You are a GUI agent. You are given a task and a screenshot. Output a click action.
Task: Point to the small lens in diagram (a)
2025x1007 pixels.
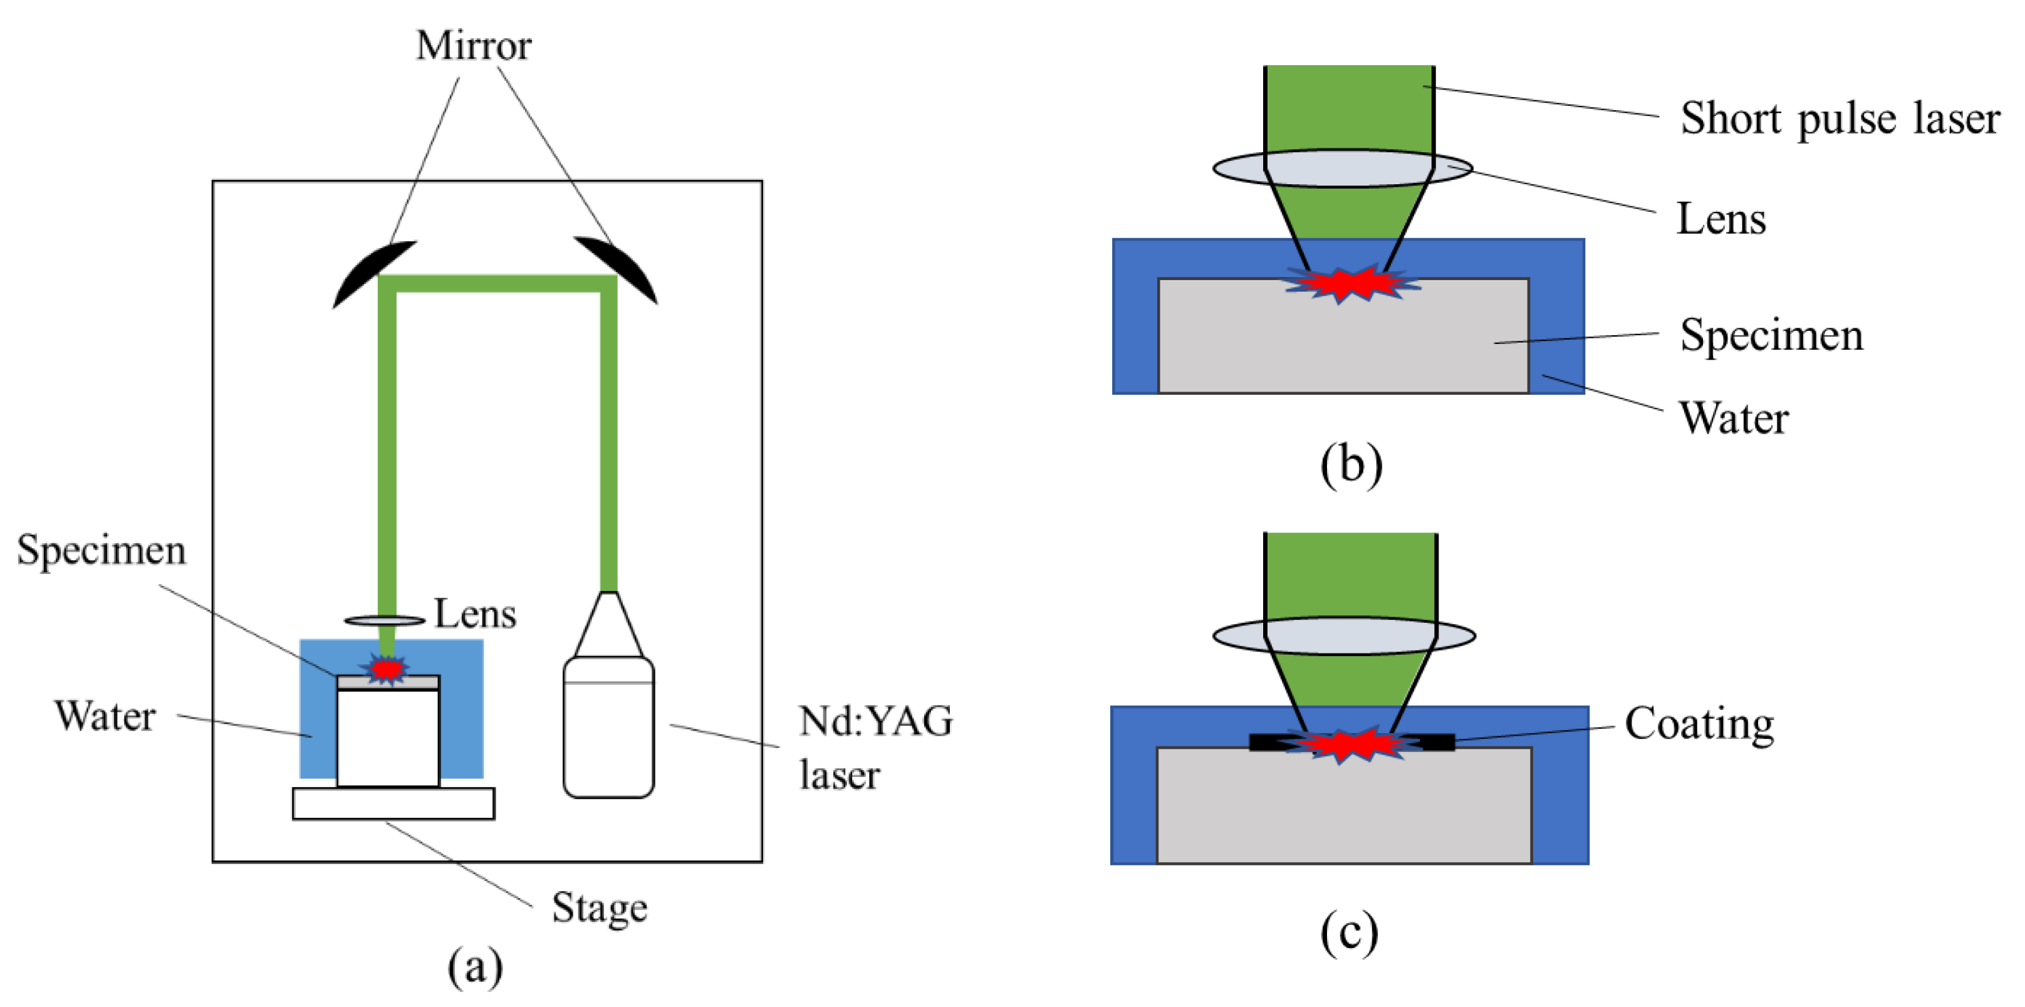pyautogui.click(x=385, y=621)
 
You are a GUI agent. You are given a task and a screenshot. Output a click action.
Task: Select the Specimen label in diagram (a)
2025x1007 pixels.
pyautogui.click(x=102, y=551)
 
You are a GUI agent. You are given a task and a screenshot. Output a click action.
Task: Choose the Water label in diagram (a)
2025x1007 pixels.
pyautogui.click(x=105, y=716)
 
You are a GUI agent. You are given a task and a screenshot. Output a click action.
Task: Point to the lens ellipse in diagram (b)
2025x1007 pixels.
pyautogui.click(x=1343, y=168)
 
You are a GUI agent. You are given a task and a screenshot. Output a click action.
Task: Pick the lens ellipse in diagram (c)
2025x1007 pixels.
pyautogui.click(x=1344, y=636)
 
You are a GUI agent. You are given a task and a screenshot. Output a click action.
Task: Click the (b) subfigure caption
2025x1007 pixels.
pyautogui.click(x=1351, y=466)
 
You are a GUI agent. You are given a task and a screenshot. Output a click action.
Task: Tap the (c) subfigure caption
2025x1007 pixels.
pyautogui.click(x=1349, y=933)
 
